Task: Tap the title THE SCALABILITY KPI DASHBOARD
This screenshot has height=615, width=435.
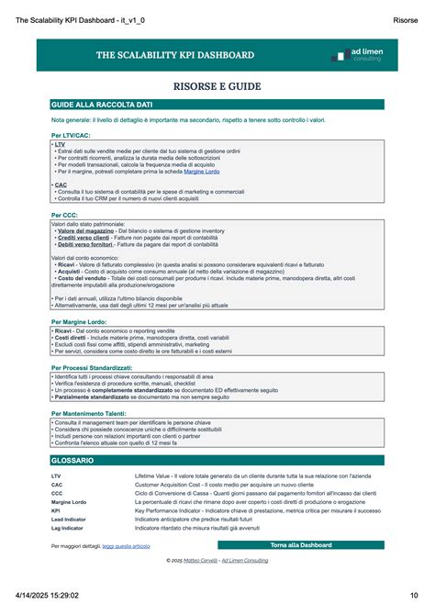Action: [x=175, y=56]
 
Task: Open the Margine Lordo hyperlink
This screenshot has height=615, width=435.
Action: [x=202, y=172]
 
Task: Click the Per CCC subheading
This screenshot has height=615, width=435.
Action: [x=63, y=215]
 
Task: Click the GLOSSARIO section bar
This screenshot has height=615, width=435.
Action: [x=217, y=460]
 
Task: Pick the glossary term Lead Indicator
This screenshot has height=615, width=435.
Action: [x=69, y=520]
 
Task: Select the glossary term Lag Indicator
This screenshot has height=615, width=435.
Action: [x=68, y=528]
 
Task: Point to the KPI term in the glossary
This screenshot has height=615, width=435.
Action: [x=56, y=510]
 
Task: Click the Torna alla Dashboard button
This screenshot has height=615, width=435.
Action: [x=300, y=545]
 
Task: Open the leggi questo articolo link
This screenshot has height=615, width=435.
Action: [x=126, y=546]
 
